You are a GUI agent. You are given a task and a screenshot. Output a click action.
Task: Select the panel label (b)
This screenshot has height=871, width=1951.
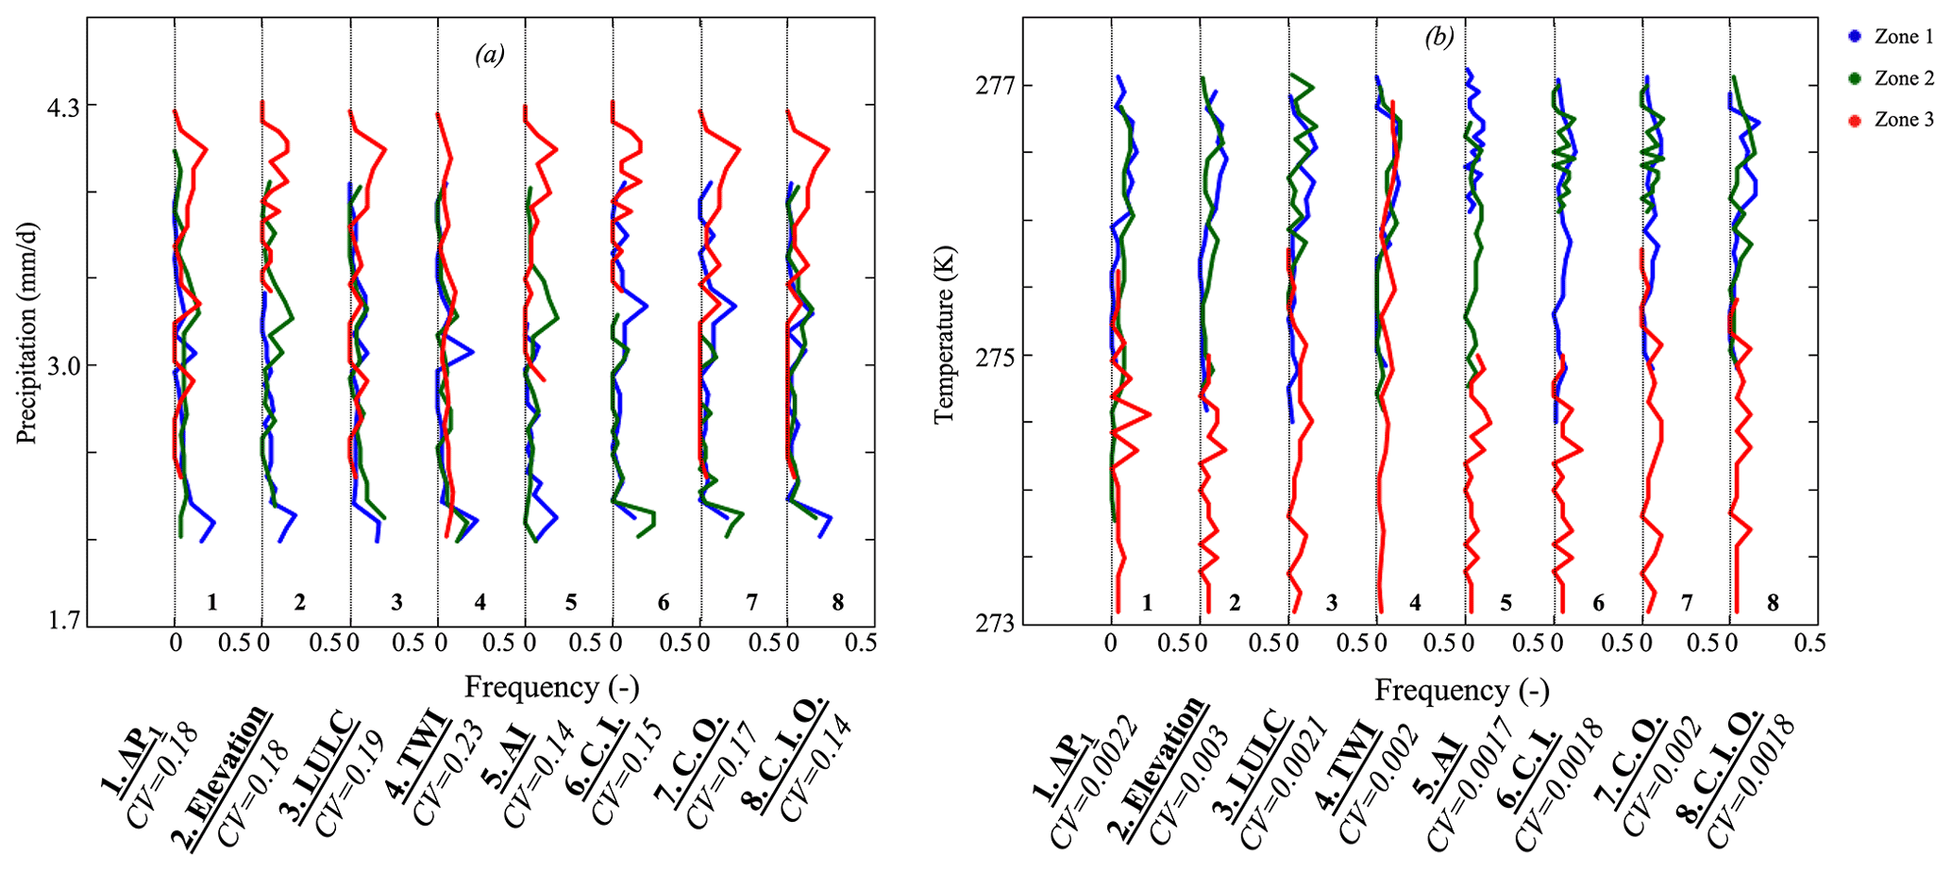pos(1439,37)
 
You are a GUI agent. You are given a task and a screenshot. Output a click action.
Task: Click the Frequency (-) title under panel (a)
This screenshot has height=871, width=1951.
pos(551,688)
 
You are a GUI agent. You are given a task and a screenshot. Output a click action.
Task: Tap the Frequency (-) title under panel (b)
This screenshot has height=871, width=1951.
pos(1461,691)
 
